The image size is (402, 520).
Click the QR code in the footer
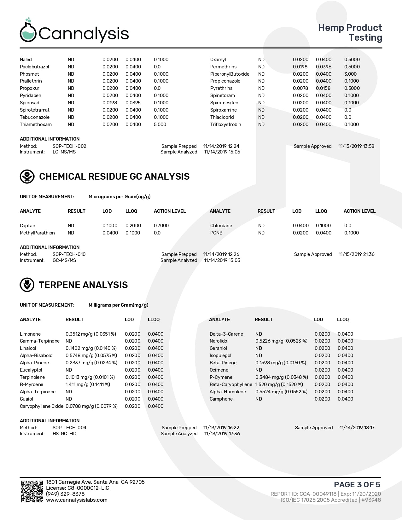[x=32, y=491]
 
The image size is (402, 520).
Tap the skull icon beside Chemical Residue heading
[x=27, y=176]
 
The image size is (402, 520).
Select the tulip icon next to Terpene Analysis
[x=27, y=285]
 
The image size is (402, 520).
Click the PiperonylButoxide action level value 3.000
[x=350, y=74]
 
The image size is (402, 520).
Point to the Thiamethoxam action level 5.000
[x=160, y=124]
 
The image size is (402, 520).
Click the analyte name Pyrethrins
[x=221, y=88]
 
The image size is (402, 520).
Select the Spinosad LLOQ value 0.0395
[x=133, y=103]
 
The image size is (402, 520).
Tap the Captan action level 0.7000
[x=161, y=226]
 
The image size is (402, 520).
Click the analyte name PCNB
[x=216, y=233]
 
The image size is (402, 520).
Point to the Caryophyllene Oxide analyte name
[x=41, y=406]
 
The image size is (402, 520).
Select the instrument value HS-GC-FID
[x=64, y=434]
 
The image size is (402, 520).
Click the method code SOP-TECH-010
[x=69, y=254]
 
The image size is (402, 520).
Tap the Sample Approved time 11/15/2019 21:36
[x=356, y=254]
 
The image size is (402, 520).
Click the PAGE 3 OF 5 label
[x=357, y=484]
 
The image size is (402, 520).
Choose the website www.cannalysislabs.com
[x=77, y=500]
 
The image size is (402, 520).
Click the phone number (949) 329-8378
[x=65, y=494]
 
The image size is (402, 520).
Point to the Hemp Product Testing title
[x=350, y=32]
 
